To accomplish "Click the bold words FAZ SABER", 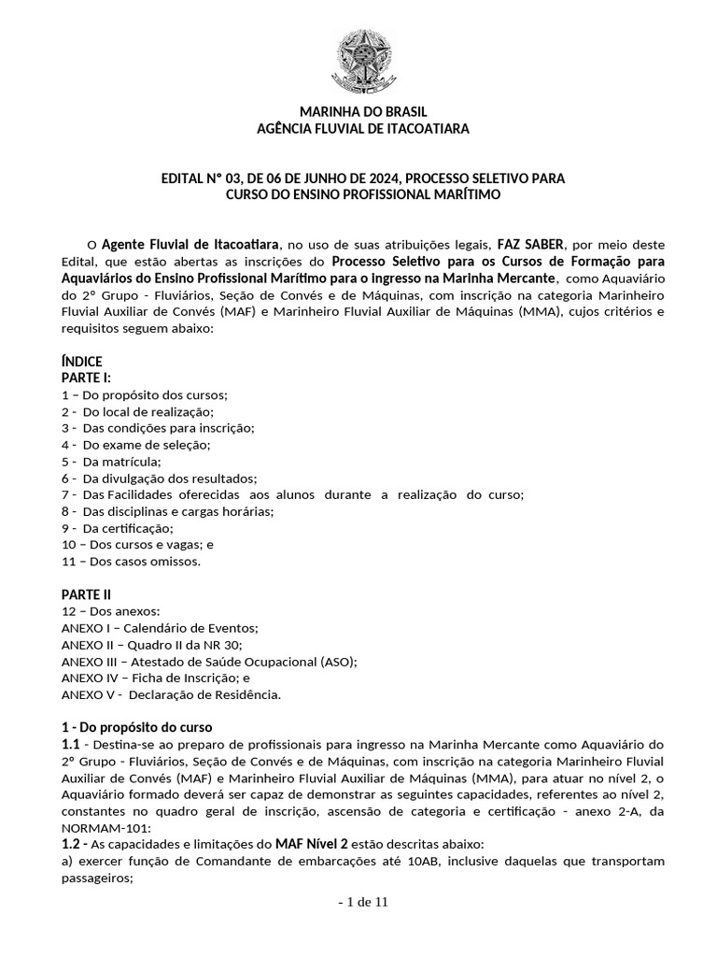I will pyautogui.click(x=530, y=243).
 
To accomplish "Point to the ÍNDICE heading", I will pyautogui.click(x=82, y=362).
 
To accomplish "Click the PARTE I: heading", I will pyautogui.click(x=87, y=378).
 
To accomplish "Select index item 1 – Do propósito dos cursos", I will pyautogui.click(x=145, y=394).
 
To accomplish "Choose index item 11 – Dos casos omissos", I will pyautogui.click(x=131, y=562).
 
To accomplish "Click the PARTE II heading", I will pyautogui.click(x=87, y=594).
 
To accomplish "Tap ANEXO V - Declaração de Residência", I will pyautogui.click(x=171, y=694).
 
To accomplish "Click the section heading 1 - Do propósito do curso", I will pyautogui.click(x=137, y=727).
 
